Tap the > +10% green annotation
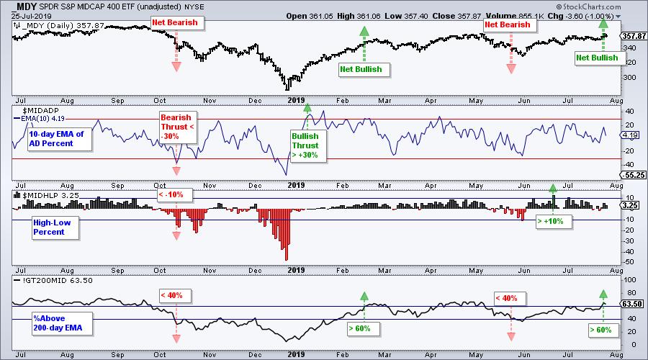click(554, 222)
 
